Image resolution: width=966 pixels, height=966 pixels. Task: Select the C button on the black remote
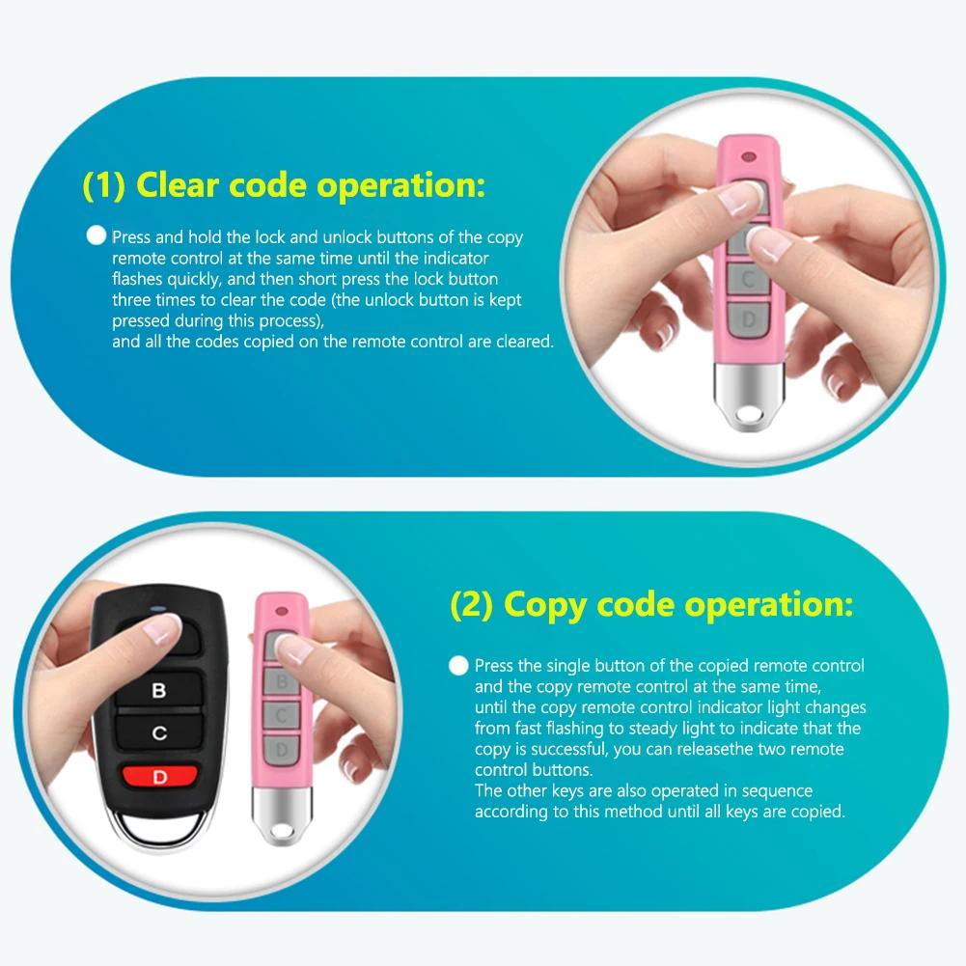point(159,733)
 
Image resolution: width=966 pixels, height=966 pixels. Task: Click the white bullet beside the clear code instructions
point(96,236)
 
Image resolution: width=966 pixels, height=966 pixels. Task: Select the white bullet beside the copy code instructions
point(458,666)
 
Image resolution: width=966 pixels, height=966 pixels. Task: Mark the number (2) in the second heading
point(472,606)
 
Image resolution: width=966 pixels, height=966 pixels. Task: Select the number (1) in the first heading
point(103,184)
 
